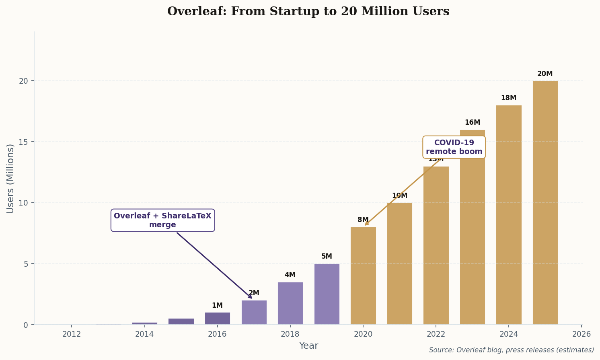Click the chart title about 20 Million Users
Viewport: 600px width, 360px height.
(x=308, y=12)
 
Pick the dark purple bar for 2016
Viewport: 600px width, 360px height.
(x=217, y=318)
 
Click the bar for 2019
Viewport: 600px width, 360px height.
(x=327, y=294)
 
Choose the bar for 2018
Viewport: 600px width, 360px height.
(x=290, y=303)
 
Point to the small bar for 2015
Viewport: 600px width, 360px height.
(x=181, y=321)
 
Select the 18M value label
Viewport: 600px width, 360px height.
(x=508, y=98)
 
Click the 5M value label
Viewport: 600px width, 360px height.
(x=327, y=257)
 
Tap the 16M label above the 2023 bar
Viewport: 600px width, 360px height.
(x=472, y=123)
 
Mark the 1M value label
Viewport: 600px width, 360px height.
(x=217, y=306)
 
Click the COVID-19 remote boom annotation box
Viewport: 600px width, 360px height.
(x=454, y=147)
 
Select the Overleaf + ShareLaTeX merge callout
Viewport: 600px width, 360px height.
(x=162, y=220)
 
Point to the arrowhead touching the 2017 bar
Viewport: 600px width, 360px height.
(x=251, y=297)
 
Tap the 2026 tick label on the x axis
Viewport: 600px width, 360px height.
(x=581, y=334)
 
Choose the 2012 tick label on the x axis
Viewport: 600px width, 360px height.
(x=72, y=334)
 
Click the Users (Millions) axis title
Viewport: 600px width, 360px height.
(x=10, y=178)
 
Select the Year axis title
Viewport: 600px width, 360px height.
(x=308, y=346)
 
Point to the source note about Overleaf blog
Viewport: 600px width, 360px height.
(x=511, y=350)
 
